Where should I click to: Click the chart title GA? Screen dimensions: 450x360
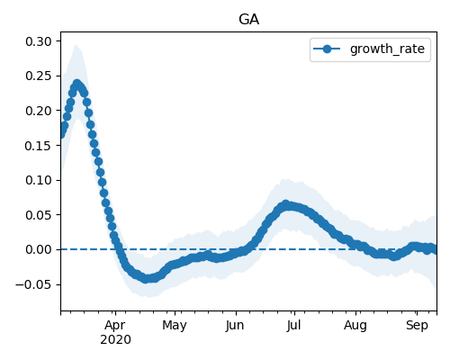tap(249, 20)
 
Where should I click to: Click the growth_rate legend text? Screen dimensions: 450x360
tap(387, 49)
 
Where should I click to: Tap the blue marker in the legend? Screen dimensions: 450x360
tap(327, 49)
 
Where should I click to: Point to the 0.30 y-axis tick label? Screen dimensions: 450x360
tap(39, 41)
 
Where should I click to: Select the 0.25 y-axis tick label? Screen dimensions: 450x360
tap(39, 76)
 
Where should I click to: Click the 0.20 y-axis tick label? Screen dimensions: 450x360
tap(39, 111)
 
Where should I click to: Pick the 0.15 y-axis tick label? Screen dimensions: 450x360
tap(39, 146)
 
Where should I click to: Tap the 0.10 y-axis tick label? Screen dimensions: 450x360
tap(39, 180)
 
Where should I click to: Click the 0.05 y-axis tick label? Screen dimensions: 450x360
tap(39, 215)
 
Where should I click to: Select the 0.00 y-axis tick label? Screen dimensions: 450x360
tap(39, 249)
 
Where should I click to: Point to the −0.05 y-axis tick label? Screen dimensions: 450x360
tap(34, 284)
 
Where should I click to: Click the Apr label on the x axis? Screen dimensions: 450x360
tap(115, 326)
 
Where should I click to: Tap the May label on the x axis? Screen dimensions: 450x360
tap(175, 326)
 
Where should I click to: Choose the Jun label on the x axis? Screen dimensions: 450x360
tap(235, 325)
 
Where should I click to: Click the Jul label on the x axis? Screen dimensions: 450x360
tap(293, 325)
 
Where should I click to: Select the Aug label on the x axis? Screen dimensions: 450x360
tap(355, 326)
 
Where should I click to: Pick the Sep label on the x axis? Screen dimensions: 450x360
tap(417, 326)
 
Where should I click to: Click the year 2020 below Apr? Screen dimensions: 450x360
tap(115, 340)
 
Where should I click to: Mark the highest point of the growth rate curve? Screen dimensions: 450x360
tap(77, 84)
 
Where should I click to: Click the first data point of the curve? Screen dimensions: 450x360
tap(61, 134)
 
